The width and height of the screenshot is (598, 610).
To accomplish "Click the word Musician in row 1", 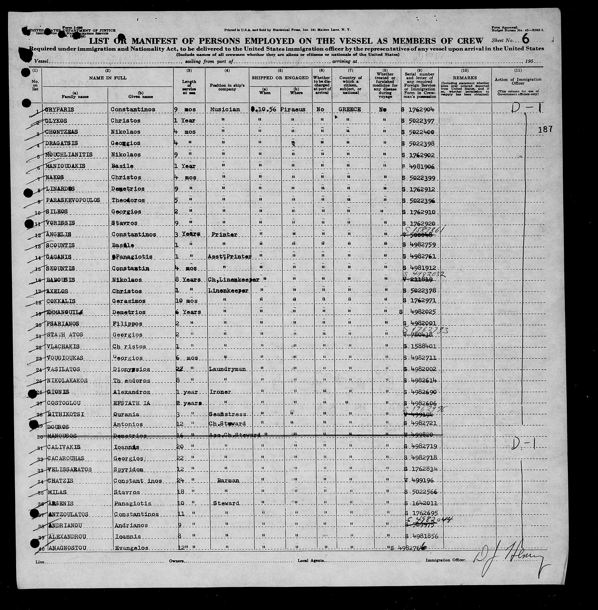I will coord(225,109).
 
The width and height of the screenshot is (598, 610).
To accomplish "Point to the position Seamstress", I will coord(227,414).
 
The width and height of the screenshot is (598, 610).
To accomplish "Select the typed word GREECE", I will coord(350,109).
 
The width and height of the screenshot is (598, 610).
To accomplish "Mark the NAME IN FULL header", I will coord(108,77).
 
